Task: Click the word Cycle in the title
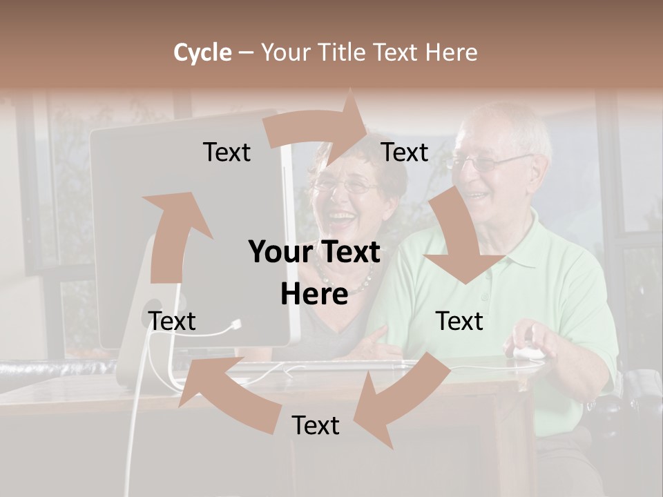click(x=202, y=52)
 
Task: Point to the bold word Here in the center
click(x=314, y=295)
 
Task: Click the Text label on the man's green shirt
click(x=459, y=322)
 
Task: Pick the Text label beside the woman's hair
click(x=405, y=153)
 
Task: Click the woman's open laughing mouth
click(x=340, y=220)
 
